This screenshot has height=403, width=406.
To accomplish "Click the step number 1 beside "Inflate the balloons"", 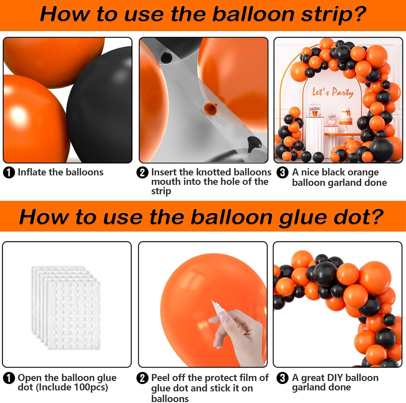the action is point(9,173).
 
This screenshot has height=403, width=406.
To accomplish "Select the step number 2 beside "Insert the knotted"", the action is point(142,173).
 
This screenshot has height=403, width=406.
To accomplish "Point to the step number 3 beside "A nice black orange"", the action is point(282,172).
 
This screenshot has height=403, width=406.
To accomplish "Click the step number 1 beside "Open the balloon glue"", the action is point(9,378).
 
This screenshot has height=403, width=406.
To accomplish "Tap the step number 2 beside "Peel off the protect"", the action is point(142,378).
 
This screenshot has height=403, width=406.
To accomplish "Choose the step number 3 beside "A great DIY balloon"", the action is point(282,378).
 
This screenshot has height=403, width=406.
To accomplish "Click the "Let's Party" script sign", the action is point(333,92).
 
